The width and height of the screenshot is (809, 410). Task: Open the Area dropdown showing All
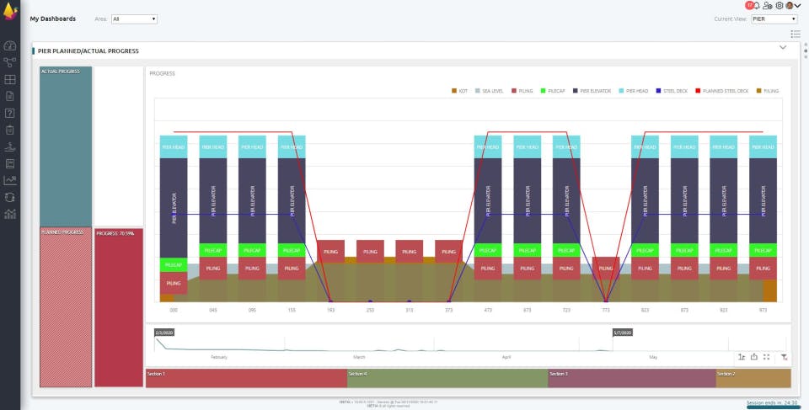tap(134, 19)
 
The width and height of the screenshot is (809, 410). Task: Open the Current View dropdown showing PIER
tap(774, 19)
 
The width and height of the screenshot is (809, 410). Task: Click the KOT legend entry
tap(460, 90)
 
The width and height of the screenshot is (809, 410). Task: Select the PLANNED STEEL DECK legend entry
tap(726, 90)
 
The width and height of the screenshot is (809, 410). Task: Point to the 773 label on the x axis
tap(606, 310)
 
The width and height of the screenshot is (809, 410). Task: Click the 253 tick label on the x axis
tap(370, 310)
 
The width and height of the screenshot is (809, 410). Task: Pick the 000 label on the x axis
tap(174, 310)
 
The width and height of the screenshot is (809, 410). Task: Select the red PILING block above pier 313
tap(410, 251)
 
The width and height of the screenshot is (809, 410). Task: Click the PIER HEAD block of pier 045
tap(213, 146)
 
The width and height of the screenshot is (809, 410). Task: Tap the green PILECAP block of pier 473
tap(488, 250)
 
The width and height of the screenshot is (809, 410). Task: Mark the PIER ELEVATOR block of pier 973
tap(763, 202)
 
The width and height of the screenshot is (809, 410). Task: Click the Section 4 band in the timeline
tap(447, 378)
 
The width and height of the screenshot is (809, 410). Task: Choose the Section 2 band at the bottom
tap(753, 378)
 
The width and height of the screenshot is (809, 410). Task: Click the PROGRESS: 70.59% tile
tap(119, 307)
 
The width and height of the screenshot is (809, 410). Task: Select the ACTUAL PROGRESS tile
tap(66, 147)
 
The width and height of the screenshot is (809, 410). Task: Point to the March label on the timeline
tap(359, 357)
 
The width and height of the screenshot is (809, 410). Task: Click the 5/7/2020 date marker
tap(622, 333)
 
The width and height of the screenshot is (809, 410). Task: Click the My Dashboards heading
tap(52, 19)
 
